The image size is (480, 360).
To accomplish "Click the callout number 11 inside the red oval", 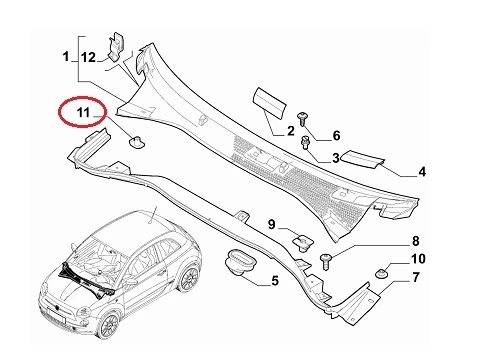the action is pos(83,112).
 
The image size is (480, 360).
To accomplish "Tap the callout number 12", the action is pos(88,57).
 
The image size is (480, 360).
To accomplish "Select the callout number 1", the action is pos(66,56).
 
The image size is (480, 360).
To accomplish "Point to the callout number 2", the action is pos(291,131).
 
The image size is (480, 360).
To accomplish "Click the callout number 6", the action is pos(336,135).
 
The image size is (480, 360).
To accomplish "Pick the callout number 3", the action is pos(335,158).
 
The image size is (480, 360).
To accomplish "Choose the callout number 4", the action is pos(422,172).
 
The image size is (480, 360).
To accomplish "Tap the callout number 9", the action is pos(272,224).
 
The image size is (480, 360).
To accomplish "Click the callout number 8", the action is pos(415,241).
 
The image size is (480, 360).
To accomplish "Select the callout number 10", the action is pos(418,259).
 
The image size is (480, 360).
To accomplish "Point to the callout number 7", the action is pos(415,277).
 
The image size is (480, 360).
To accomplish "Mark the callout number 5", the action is pos(275,281).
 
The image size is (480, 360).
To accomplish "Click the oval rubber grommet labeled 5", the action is pos(240,262).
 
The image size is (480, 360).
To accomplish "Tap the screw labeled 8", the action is pos(325,261).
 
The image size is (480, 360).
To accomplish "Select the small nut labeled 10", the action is pos(381,274).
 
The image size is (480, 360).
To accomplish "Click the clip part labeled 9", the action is pos(303,243).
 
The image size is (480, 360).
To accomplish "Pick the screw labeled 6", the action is pos(302,119).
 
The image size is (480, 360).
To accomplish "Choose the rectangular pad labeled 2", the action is pos(269,103).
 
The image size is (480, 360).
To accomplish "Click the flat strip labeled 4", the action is pos(364,158).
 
